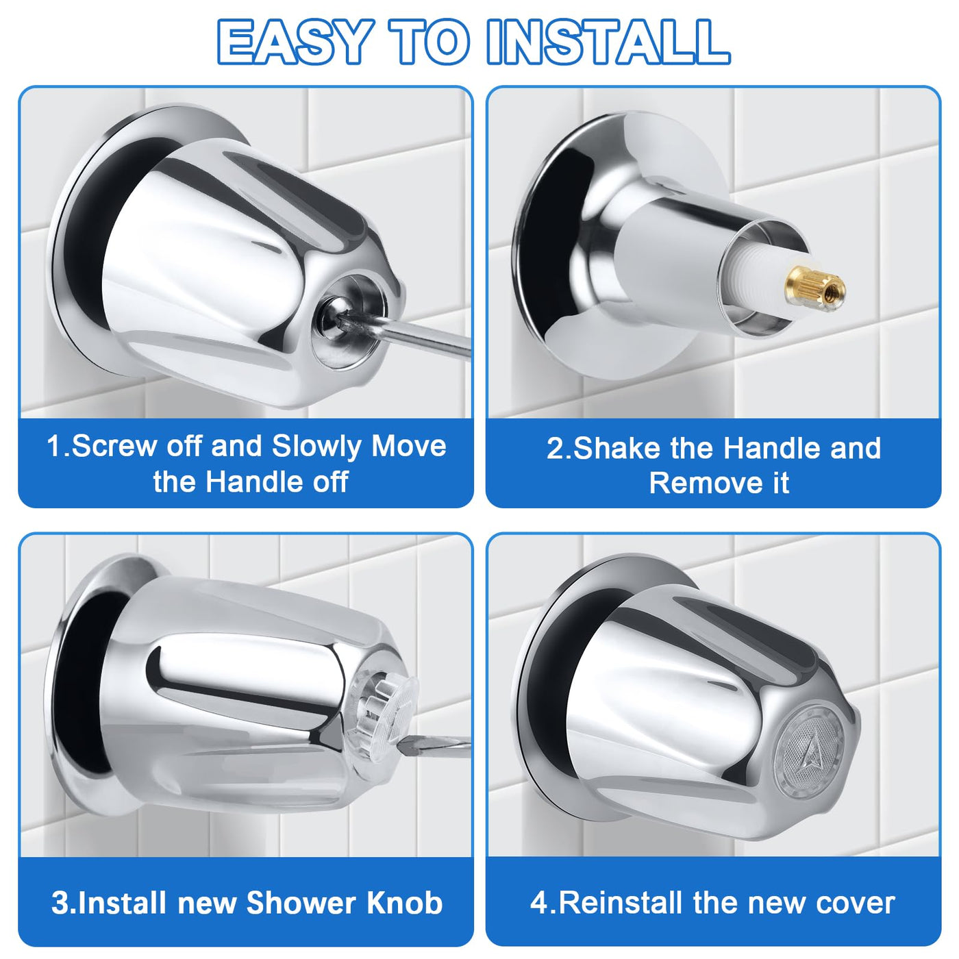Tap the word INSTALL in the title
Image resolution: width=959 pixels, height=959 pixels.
tap(608, 42)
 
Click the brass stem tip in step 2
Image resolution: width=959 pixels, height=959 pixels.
tap(814, 288)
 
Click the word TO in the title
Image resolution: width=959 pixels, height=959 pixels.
tap(429, 42)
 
